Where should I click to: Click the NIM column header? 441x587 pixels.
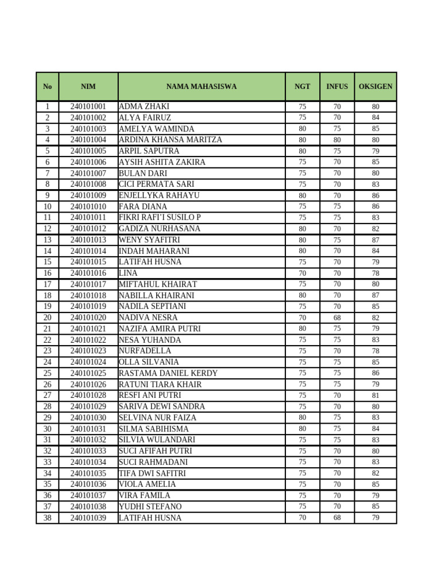click(x=88, y=87)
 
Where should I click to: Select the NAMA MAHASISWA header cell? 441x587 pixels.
click(x=202, y=87)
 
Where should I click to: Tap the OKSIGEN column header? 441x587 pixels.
click(x=376, y=87)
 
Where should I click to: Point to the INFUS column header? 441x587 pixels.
click(x=337, y=87)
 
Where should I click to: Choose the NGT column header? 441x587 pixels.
click(x=303, y=87)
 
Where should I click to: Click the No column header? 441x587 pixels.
click(x=47, y=87)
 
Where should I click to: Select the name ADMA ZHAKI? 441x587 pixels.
click(x=144, y=107)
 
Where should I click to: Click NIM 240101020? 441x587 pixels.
click(x=88, y=318)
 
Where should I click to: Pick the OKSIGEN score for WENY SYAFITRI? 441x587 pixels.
click(x=376, y=240)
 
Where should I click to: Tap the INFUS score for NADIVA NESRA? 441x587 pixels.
click(x=337, y=318)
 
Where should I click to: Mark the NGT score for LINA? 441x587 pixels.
click(x=303, y=273)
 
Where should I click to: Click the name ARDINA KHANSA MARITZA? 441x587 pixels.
click(x=171, y=140)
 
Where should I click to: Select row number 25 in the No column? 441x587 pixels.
click(x=47, y=373)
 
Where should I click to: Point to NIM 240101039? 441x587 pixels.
click(x=88, y=518)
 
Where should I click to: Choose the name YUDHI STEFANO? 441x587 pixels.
click(x=150, y=507)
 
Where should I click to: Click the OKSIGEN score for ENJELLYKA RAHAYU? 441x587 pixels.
click(x=376, y=195)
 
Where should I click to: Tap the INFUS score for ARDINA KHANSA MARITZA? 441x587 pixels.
click(x=337, y=140)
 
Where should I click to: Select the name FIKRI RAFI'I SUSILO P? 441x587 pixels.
click(x=160, y=217)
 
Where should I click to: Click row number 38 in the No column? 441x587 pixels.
click(x=47, y=518)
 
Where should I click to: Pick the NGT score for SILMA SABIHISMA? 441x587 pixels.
click(x=303, y=429)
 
